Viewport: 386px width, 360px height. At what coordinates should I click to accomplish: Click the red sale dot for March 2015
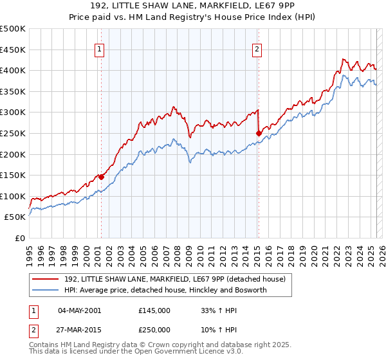coord(259,133)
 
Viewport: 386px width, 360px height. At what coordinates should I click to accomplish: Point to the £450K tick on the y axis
coord(14,50)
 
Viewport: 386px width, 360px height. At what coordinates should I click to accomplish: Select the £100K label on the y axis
coord(14,196)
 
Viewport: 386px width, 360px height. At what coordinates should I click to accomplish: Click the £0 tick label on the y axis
coord(20,238)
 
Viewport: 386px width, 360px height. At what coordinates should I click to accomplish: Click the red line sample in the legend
coord(46,278)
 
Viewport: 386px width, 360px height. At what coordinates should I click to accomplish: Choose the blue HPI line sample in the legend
coord(46,290)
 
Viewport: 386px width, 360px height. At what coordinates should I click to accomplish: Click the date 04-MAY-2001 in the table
coord(79,310)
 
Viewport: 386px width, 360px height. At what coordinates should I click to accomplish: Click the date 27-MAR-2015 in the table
coord(79,329)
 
